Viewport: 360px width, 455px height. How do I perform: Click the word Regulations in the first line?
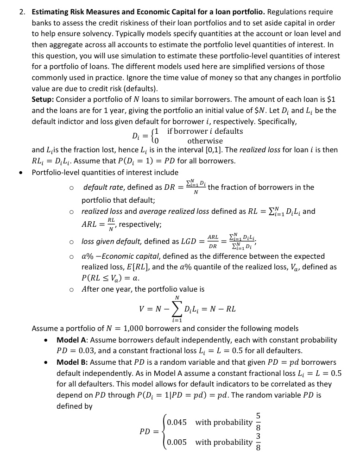pos(287,12)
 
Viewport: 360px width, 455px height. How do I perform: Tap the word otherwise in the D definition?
pos(205,141)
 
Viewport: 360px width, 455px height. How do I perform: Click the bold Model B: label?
pos(72,362)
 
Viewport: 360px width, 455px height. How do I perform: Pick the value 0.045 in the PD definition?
pos(177,422)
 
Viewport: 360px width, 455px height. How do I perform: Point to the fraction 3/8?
pos(259,442)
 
